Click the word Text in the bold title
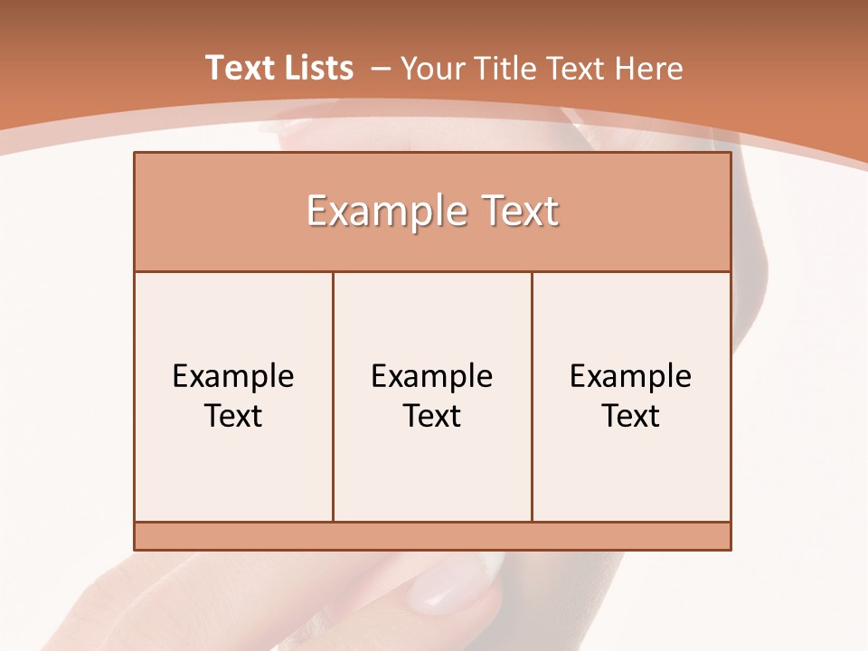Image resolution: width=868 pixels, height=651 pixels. pos(239,68)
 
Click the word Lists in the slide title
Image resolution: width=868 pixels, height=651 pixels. pos(316,68)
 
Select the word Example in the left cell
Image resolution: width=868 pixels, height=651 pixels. pos(233,376)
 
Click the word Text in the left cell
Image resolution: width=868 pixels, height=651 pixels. pos(233,416)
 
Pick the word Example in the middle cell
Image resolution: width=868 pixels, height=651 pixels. pos(432,376)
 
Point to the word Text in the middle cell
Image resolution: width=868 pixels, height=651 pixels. pos(432,416)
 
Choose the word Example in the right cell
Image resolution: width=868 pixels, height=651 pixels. pos(631,376)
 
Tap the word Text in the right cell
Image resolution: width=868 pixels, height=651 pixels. pos(631,416)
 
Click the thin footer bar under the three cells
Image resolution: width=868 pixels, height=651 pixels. pos(432,536)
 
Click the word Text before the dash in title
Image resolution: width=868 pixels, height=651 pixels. pos(239,68)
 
